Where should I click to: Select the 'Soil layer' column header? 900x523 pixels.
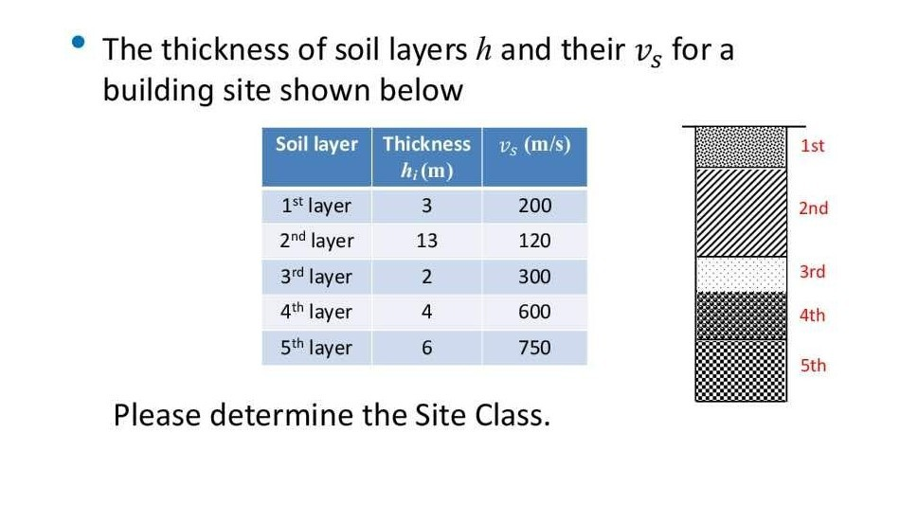316,145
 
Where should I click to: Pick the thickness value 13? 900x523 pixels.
426,242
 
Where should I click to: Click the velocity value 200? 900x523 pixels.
534,206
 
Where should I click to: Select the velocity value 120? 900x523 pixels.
534,242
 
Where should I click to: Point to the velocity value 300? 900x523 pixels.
534,277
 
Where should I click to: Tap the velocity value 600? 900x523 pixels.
534,312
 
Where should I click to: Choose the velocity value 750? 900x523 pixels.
534,348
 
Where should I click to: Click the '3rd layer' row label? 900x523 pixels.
315,277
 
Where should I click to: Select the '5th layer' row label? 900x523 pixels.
315,348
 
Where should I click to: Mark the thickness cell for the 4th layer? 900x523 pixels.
426,312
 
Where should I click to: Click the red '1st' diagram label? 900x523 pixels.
812,146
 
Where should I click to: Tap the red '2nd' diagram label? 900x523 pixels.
813,208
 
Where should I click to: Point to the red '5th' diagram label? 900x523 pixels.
813,366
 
